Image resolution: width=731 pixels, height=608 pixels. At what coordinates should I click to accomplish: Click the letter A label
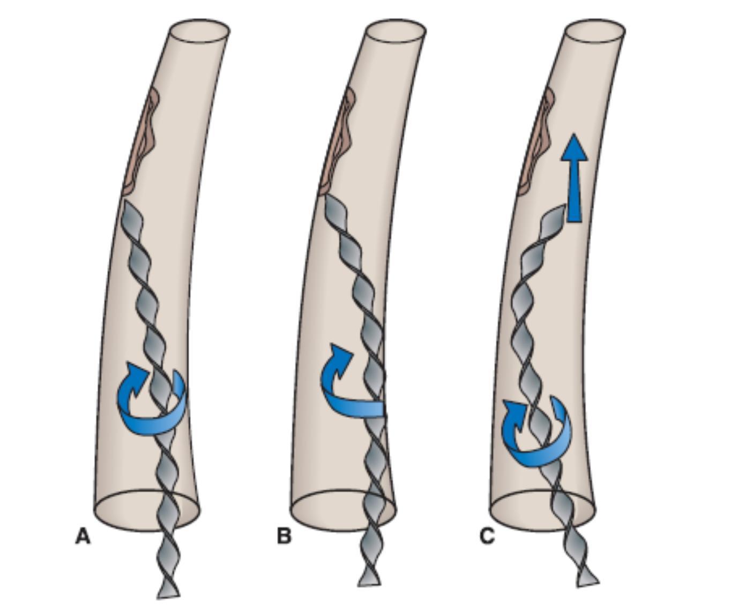pyautogui.click(x=83, y=536)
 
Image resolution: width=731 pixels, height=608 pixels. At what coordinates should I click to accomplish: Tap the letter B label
pyautogui.click(x=284, y=536)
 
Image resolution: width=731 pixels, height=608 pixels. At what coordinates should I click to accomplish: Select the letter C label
pyautogui.click(x=487, y=536)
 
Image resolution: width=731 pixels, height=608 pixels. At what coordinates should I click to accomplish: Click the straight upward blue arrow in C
pyautogui.click(x=574, y=179)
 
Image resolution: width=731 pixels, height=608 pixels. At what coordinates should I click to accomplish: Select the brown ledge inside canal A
pyautogui.click(x=142, y=145)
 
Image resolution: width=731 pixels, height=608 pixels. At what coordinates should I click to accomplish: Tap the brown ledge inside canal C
pyautogui.click(x=538, y=145)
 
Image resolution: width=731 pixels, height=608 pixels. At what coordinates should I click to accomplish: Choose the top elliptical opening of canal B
pyautogui.click(x=396, y=30)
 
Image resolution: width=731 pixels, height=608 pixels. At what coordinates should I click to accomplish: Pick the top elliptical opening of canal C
pyautogui.click(x=595, y=30)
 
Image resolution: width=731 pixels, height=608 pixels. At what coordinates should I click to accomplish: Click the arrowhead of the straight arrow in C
pyautogui.click(x=574, y=147)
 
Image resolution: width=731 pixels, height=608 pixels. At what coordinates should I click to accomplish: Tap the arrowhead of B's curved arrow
pyautogui.click(x=341, y=354)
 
